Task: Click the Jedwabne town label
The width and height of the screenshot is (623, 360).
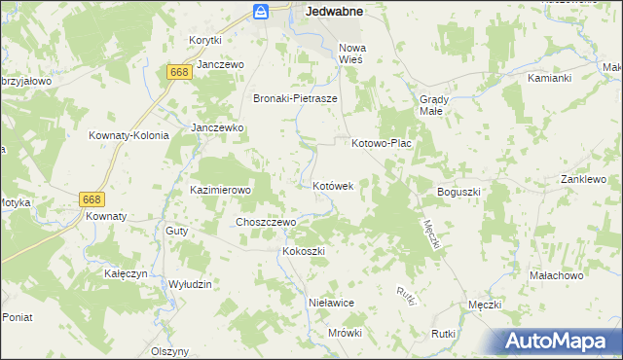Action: tap(334, 12)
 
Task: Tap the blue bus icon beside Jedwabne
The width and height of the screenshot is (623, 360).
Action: tap(261, 12)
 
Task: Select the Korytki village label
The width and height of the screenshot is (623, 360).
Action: tap(205, 40)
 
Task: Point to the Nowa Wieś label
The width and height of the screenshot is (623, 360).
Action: tap(350, 53)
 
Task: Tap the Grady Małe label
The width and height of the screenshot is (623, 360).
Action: tap(432, 104)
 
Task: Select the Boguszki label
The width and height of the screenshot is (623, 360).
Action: tap(459, 192)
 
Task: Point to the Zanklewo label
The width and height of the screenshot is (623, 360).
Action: tap(583, 180)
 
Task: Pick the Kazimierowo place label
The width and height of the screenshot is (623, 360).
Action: tap(221, 190)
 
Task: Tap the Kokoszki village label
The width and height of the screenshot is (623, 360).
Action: tap(303, 251)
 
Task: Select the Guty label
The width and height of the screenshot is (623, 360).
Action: tap(176, 231)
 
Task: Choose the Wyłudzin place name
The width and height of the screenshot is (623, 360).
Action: tap(191, 283)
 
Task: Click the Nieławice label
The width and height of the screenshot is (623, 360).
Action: tap(330, 303)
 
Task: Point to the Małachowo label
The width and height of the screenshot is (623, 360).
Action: tap(556, 276)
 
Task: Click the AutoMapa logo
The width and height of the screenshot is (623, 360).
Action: tap(559, 341)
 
